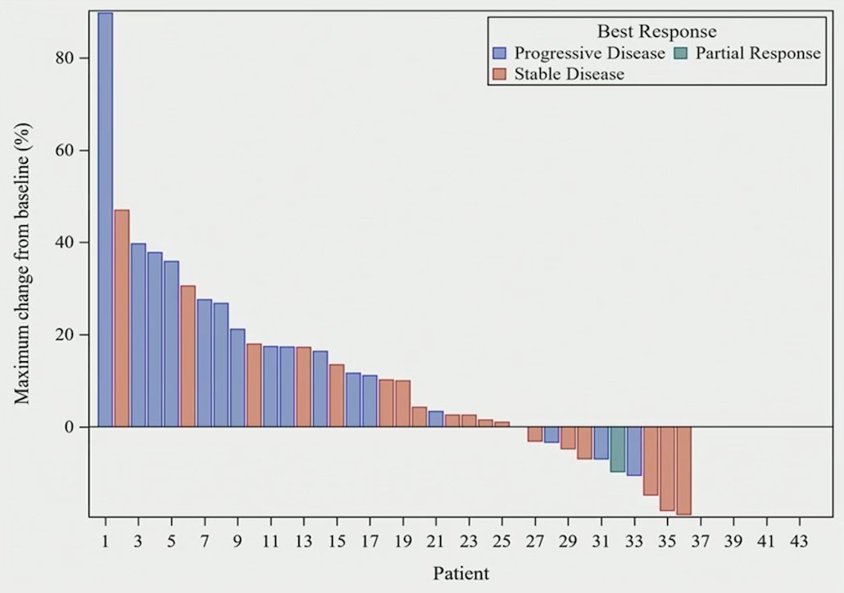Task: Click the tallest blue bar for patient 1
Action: tap(106, 220)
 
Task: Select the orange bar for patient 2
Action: tap(121, 318)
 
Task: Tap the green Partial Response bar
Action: tap(618, 450)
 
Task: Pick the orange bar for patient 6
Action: tap(188, 356)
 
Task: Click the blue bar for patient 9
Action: tap(238, 378)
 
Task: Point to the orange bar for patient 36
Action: tap(684, 471)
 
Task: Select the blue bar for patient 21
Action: tap(436, 419)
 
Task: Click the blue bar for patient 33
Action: tap(634, 451)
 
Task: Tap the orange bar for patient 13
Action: tap(303, 387)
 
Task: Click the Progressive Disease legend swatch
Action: tap(500, 53)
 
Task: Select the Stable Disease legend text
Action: tap(569, 74)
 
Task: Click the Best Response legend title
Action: tap(656, 31)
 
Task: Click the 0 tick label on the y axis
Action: tap(68, 428)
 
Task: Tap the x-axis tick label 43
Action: tap(799, 541)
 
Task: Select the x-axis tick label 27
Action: tap(535, 541)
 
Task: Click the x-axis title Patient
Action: tap(461, 573)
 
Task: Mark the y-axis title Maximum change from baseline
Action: tap(23, 263)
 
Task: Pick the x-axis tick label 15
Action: tap(337, 541)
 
